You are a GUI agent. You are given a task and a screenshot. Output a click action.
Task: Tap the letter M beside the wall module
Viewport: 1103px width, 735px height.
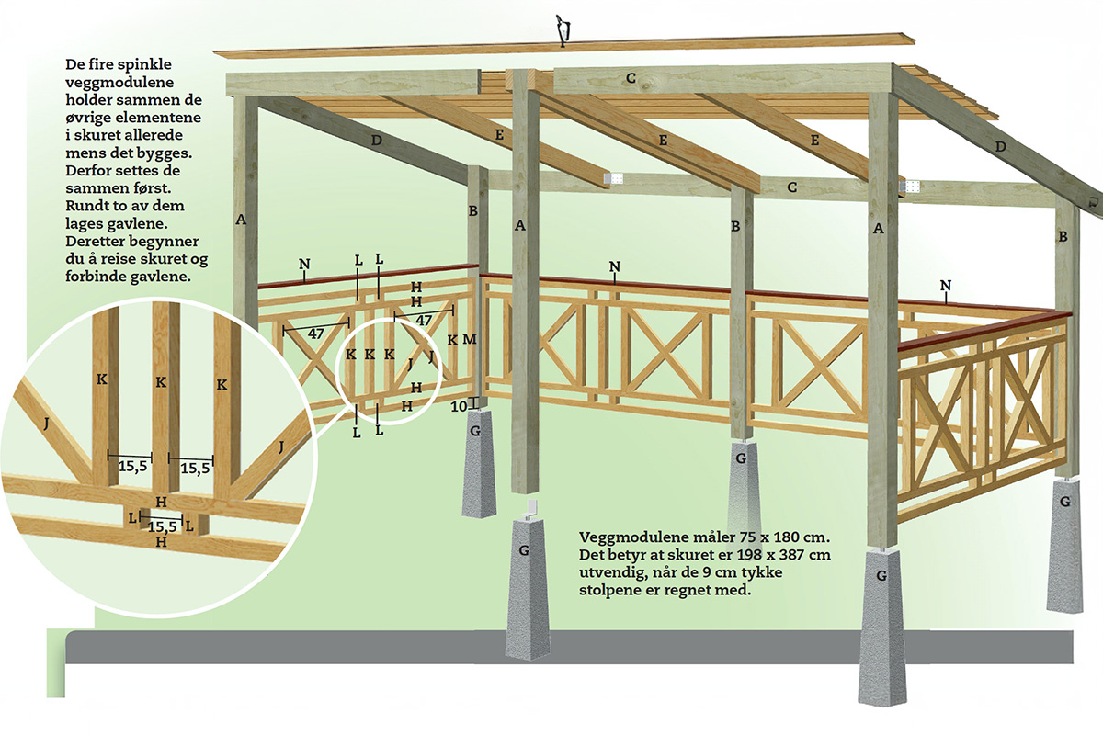click(x=470, y=340)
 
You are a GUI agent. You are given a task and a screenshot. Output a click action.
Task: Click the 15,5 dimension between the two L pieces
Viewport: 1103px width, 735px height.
click(x=162, y=526)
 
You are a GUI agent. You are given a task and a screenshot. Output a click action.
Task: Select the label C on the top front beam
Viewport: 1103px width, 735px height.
click(x=631, y=78)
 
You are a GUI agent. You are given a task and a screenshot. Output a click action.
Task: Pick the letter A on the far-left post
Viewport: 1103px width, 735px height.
click(x=241, y=220)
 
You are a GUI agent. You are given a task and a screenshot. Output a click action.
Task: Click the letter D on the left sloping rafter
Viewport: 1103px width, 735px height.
click(x=376, y=141)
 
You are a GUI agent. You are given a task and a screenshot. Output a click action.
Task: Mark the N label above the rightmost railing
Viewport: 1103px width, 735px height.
click(x=947, y=286)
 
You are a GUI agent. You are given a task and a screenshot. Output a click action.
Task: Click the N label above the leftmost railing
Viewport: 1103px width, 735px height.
click(x=303, y=265)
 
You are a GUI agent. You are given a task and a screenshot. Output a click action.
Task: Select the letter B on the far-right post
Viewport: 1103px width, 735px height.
click(x=1063, y=236)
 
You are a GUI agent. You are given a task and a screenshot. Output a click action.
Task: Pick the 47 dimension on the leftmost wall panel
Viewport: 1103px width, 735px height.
click(x=314, y=334)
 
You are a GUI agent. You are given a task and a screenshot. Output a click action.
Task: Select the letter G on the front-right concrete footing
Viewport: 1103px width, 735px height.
click(x=881, y=577)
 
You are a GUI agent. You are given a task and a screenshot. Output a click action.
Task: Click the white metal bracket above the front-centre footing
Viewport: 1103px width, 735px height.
click(x=529, y=508)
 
